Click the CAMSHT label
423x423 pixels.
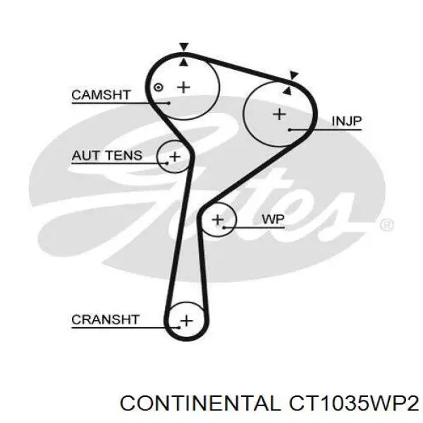(101, 94)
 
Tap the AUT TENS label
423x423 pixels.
(106, 156)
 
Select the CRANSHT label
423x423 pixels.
(106, 319)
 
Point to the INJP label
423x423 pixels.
(346, 121)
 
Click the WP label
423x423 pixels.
(273, 220)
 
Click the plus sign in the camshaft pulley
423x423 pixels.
(184, 87)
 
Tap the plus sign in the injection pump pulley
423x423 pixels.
(279, 113)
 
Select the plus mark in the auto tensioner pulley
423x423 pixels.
(174, 156)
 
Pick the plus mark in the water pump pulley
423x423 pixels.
(218, 220)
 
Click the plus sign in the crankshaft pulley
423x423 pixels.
(186, 321)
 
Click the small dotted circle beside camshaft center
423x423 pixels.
(159, 87)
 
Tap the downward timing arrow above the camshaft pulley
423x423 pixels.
(183, 47)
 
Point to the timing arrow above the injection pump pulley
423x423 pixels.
(294, 74)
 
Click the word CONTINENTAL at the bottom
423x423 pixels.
(199, 403)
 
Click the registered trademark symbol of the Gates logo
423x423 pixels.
(386, 225)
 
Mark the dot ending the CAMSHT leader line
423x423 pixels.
(169, 102)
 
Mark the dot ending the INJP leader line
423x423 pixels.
(290, 130)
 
